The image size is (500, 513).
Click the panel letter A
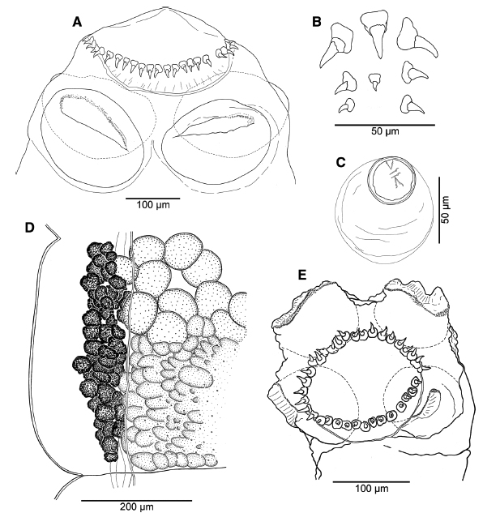point(77,22)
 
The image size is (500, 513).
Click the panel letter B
point(316,22)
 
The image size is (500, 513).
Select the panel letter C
point(341,163)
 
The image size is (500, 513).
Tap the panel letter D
point(29,228)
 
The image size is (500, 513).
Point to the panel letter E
point(302,276)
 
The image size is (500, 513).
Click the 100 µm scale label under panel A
point(153,205)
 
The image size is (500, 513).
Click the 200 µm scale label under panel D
point(136,507)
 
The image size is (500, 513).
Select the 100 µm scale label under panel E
point(372,489)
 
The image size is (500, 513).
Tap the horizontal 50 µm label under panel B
point(385,131)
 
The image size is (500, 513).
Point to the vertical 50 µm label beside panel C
point(446,210)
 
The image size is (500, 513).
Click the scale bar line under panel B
point(385,125)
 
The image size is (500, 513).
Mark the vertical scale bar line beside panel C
point(438,210)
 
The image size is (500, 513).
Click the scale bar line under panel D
point(136,500)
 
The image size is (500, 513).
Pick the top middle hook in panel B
point(374,34)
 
